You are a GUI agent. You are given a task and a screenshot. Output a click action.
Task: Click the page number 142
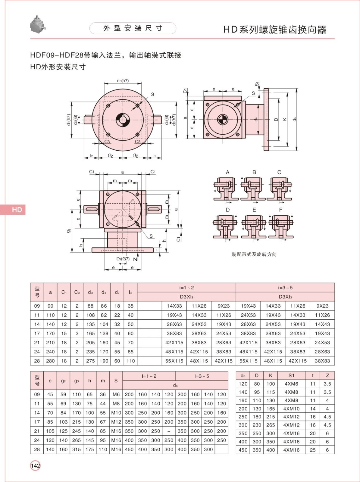tap(35, 466)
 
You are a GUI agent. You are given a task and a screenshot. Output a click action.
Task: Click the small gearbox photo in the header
tap(38, 24)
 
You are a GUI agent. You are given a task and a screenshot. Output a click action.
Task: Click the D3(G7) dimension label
tap(123, 259)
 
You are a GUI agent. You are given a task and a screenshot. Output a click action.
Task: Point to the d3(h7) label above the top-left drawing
tap(123, 81)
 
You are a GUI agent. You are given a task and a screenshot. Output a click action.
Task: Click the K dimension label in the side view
tap(285, 119)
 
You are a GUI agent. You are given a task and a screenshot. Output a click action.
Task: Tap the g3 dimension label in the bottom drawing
tap(69, 230)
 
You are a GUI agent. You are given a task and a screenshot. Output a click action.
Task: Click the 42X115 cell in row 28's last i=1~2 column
tap(224, 361)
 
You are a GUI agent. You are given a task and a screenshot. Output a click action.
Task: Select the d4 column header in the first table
tap(104, 292)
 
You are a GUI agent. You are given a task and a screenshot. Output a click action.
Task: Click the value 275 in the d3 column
tap(90, 361)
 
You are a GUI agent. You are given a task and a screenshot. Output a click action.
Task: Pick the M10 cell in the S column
tap(116, 413)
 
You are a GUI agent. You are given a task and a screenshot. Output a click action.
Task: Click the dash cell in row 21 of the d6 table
tap(169, 431)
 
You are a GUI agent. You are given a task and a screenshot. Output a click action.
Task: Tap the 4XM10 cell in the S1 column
tap(291, 409)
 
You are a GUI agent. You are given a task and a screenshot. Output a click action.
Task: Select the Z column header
tap(327, 375)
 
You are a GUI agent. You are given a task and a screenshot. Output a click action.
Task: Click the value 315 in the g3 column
tap(77, 449)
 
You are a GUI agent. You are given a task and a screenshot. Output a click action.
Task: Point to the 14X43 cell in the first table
tap(322, 324)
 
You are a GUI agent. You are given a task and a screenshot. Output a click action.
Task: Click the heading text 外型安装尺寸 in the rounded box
tap(133, 28)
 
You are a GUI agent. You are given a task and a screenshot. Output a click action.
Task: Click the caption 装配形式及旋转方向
tap(254, 254)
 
